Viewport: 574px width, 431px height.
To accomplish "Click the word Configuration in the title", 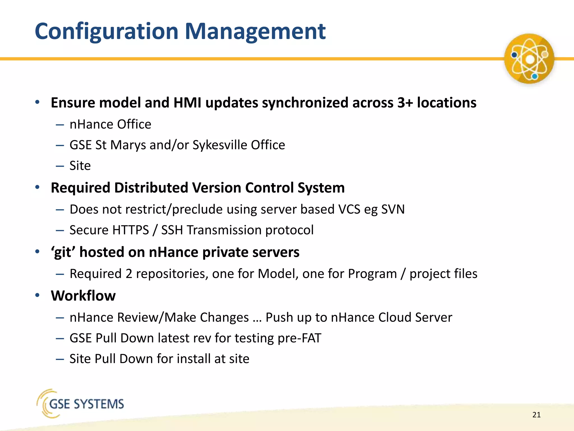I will coord(107,31).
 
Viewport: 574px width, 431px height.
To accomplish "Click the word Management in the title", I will coord(255,31).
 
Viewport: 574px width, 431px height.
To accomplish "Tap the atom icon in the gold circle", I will coord(529,59).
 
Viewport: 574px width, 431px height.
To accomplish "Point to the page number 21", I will coord(536,415).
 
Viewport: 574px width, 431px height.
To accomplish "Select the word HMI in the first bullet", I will coord(187,103).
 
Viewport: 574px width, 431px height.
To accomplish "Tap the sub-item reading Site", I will coord(80,166).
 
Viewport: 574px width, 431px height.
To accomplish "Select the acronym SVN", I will coord(393,209).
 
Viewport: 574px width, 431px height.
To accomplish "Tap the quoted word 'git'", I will coord(63,252).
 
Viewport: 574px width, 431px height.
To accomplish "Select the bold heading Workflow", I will coord(83,296).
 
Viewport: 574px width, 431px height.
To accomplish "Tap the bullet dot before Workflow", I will coord(38,295).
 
